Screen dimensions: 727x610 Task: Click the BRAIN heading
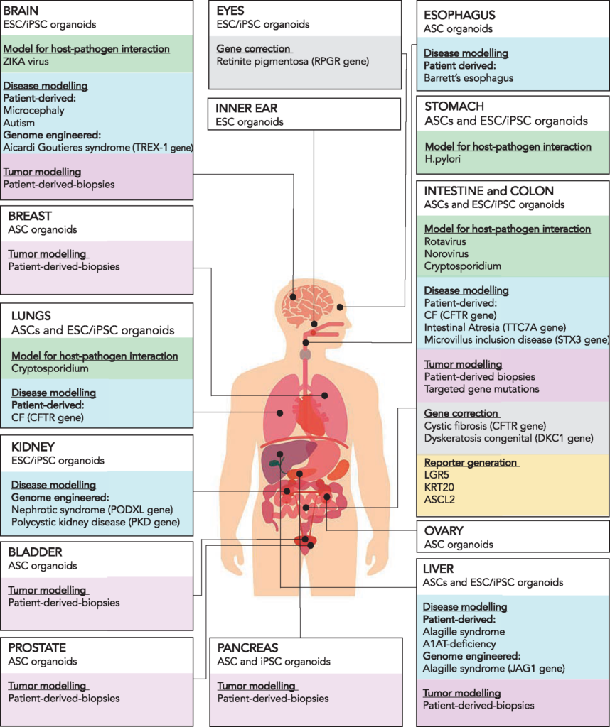tap(22, 11)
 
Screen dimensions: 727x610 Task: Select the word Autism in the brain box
tap(21, 123)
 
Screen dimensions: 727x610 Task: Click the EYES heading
tap(231, 11)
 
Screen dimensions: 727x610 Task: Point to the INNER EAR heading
tap(247, 109)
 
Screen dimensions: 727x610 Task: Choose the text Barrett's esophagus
tap(469, 77)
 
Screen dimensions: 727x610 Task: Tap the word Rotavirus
tap(445, 241)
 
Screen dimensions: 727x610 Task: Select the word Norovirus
tap(446, 253)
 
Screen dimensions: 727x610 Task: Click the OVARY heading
tap(444, 531)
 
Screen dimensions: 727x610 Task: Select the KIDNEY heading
tap(28, 447)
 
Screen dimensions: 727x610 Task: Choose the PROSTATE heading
tap(37, 647)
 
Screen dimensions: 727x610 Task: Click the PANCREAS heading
tap(247, 648)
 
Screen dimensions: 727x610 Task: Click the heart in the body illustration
tap(309, 415)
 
